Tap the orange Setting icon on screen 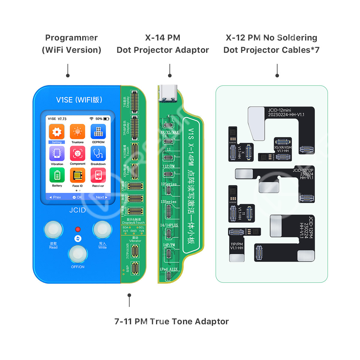point(57,132)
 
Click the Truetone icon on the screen point(77,132)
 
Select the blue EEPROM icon point(98,132)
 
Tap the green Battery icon point(57,175)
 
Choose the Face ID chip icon point(77,175)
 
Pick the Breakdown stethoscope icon point(98,154)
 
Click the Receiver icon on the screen point(98,175)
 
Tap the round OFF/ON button point(78,254)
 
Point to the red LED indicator point(78,229)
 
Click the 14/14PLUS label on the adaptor point(169,225)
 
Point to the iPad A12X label point(169,269)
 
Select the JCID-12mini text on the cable point(280,110)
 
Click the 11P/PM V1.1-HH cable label point(237,246)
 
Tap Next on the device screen point(101,197)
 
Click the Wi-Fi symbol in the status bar point(91,119)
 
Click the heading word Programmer point(71,38)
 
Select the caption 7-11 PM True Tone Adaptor point(171,322)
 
